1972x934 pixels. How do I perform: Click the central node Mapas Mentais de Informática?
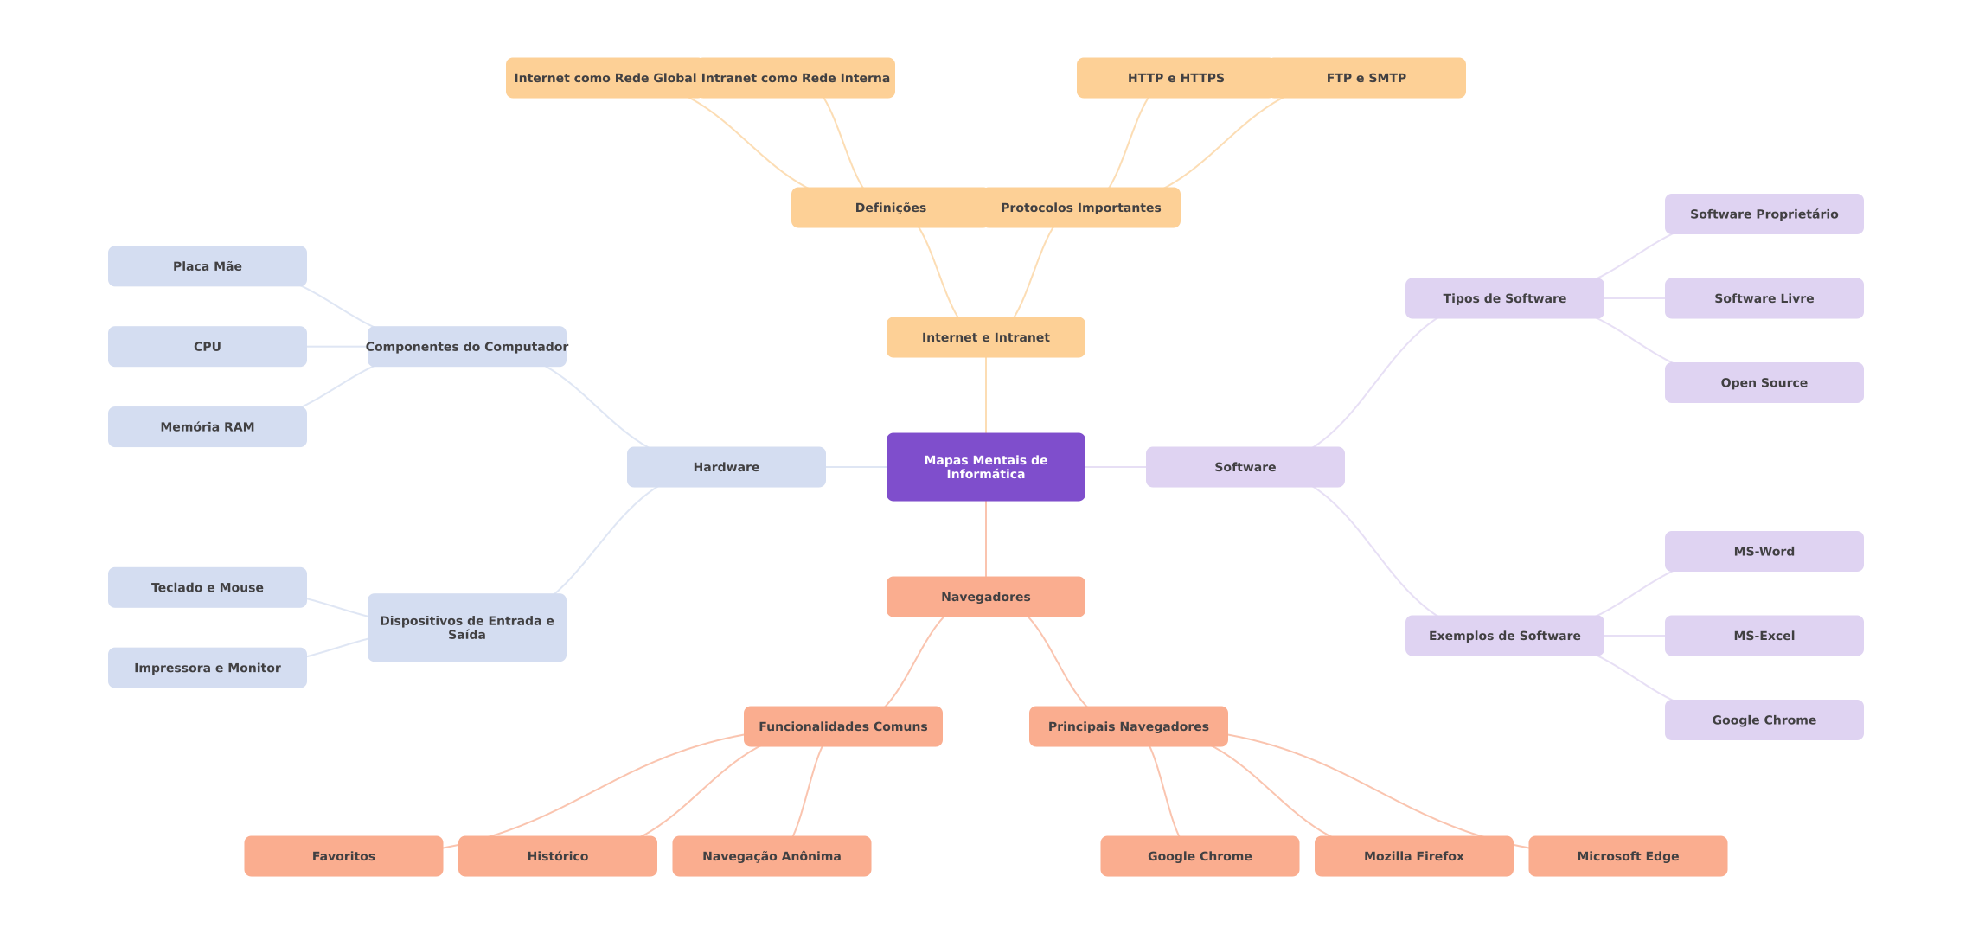pyautogui.click(x=985, y=467)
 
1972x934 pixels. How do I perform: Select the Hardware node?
pyautogui.click(x=726, y=467)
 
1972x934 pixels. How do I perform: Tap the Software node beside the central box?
pyautogui.click(x=1245, y=467)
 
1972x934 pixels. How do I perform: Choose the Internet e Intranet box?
pyautogui.click(x=985, y=337)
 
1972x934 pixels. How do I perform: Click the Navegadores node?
pyautogui.click(x=985, y=597)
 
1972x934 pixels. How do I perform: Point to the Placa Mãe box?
pyautogui.click(x=207, y=266)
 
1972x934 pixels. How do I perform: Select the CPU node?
pyautogui.click(x=207, y=347)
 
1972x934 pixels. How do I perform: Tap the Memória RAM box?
pyautogui.click(x=207, y=427)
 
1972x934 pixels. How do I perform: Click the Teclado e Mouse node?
pyautogui.click(x=207, y=587)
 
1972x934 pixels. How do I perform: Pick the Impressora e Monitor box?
pyautogui.click(x=207, y=668)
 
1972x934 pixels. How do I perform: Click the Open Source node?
pyautogui.click(x=1764, y=382)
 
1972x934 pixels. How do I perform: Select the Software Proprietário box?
pyautogui.click(x=1764, y=214)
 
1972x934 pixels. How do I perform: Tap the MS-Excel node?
pyautogui.click(x=1764, y=636)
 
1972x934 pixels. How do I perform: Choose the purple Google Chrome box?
pyautogui.click(x=1764, y=720)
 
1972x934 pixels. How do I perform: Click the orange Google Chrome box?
pyautogui.click(x=1199, y=856)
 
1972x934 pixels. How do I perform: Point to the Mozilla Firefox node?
pyautogui.click(x=1413, y=856)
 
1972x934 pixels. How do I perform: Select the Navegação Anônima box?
pyautogui.click(x=771, y=856)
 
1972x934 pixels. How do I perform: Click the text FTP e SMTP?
pyautogui.click(x=1366, y=78)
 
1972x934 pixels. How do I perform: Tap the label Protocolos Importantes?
pyautogui.click(x=1080, y=208)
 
